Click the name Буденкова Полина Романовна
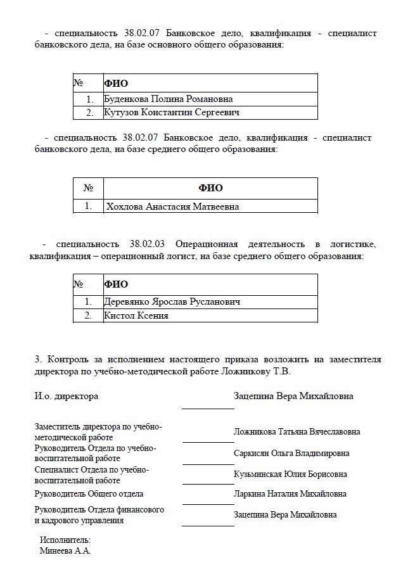[x=168, y=99]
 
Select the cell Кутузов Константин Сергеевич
[x=172, y=113]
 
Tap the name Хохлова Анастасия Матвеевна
[x=173, y=207]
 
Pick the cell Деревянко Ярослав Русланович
[x=172, y=302]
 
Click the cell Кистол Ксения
[x=136, y=315]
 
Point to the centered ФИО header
[x=210, y=188]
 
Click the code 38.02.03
[x=147, y=244]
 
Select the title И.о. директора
[x=67, y=397]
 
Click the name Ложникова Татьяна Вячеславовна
[x=297, y=432]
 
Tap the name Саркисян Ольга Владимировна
[x=291, y=454]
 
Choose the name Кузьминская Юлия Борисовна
[x=290, y=474]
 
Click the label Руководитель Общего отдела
[x=89, y=494]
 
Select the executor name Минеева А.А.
[x=65, y=551]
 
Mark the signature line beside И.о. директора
[x=208, y=409]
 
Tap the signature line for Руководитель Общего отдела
[x=208, y=504]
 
